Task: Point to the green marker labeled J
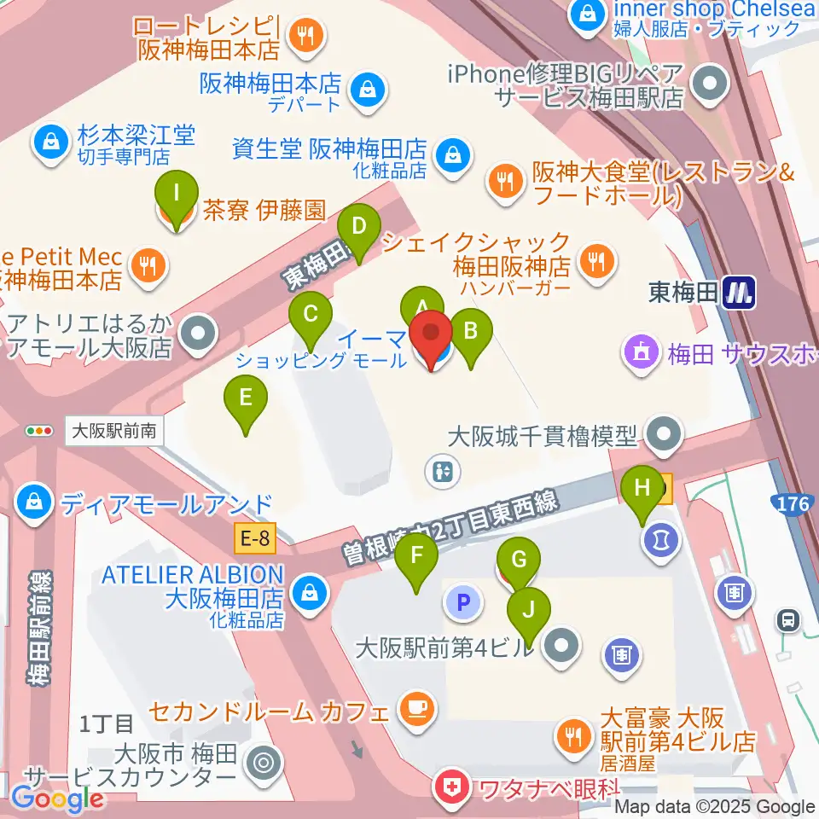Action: click(529, 611)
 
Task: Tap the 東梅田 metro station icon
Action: click(738, 294)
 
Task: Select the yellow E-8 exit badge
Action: click(255, 537)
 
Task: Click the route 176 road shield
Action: click(793, 504)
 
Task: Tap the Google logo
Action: click(57, 799)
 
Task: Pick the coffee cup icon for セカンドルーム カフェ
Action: click(416, 707)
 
